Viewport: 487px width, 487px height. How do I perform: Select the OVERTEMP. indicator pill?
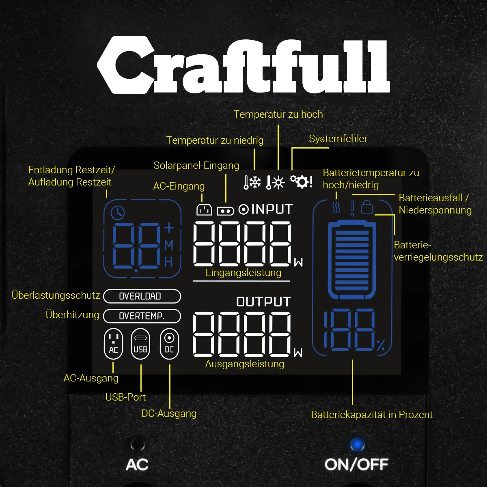click(x=142, y=316)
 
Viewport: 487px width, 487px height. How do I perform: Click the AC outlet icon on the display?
click(x=113, y=344)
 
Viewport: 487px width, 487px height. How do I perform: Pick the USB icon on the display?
click(x=140, y=344)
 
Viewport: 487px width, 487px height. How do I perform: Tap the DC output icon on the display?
click(x=169, y=344)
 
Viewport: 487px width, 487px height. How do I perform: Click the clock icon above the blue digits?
click(x=118, y=212)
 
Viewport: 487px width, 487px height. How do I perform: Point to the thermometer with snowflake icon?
click(x=252, y=182)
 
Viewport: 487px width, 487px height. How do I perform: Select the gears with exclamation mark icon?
click(x=301, y=181)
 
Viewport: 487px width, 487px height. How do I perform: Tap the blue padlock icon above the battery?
click(x=367, y=207)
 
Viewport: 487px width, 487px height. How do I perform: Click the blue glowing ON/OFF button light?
click(x=357, y=444)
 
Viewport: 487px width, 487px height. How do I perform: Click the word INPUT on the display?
click(x=272, y=209)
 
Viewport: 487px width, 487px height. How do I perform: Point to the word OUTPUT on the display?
click(x=263, y=302)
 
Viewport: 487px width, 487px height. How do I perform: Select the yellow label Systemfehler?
click(x=338, y=139)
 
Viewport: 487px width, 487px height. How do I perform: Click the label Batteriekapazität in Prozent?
click(x=372, y=414)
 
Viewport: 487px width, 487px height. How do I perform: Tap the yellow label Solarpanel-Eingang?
click(x=196, y=166)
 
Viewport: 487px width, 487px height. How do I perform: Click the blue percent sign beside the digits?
click(x=381, y=346)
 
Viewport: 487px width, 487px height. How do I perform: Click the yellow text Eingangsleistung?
click(x=243, y=273)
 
